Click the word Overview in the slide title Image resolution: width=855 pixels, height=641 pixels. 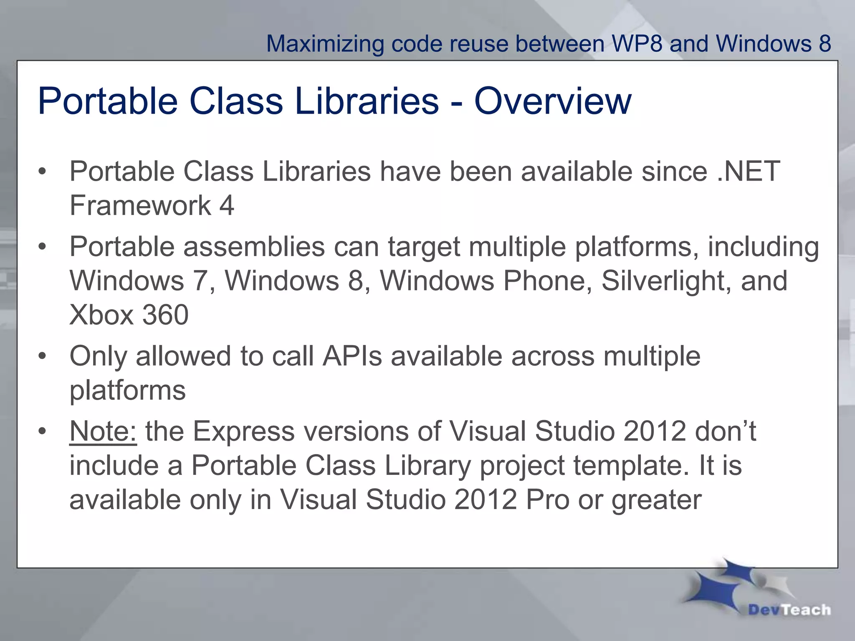point(553,101)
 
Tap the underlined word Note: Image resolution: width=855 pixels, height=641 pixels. point(103,431)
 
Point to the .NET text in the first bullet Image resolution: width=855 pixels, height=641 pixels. point(749,172)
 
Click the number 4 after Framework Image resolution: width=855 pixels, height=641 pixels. point(227,205)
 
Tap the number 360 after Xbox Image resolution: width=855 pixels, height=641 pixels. point(165,315)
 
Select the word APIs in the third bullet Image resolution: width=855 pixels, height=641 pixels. point(352,356)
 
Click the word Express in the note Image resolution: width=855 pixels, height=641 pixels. point(243,431)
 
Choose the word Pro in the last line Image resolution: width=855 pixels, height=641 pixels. point(547,500)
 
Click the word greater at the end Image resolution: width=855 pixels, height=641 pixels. point(657,500)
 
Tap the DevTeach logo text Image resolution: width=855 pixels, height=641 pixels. point(789,610)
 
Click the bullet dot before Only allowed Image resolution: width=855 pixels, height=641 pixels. point(42,357)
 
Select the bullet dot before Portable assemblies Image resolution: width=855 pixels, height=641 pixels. point(42,247)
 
